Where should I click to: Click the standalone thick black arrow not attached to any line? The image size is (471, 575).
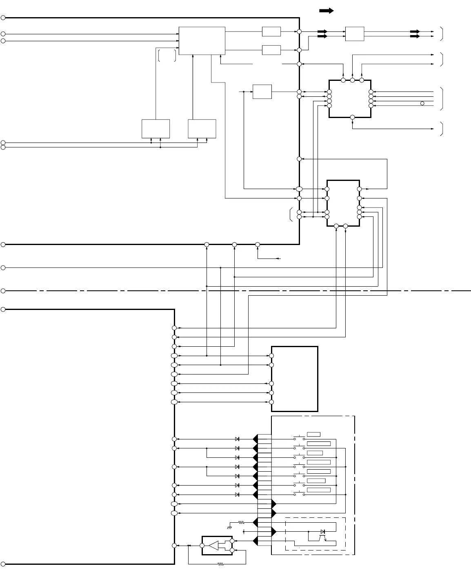(x=327, y=11)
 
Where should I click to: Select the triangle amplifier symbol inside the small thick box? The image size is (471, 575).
(x=214, y=545)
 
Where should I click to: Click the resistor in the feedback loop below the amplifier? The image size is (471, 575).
(x=221, y=564)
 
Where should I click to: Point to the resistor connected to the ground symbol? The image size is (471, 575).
(x=241, y=522)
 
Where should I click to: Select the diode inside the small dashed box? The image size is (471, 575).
(x=323, y=532)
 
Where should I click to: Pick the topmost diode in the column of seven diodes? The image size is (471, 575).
(x=237, y=439)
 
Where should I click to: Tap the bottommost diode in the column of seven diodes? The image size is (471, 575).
(x=237, y=495)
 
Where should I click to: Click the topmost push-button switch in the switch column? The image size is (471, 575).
(x=299, y=438)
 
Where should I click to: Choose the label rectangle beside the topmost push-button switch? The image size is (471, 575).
(x=313, y=434)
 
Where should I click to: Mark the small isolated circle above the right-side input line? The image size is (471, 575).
(x=422, y=103)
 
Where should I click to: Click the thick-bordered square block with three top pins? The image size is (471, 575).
(x=350, y=98)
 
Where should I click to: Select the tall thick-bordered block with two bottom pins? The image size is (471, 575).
(x=343, y=203)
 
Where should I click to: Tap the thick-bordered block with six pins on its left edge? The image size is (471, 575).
(x=295, y=379)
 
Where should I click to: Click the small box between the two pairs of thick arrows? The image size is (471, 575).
(x=354, y=34)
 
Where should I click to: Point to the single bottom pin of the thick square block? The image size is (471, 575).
(x=352, y=117)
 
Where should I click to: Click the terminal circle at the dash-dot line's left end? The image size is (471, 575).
(x=3, y=291)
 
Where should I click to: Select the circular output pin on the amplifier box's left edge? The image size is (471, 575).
(x=202, y=545)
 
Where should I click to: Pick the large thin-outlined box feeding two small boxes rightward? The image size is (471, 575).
(x=202, y=40)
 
